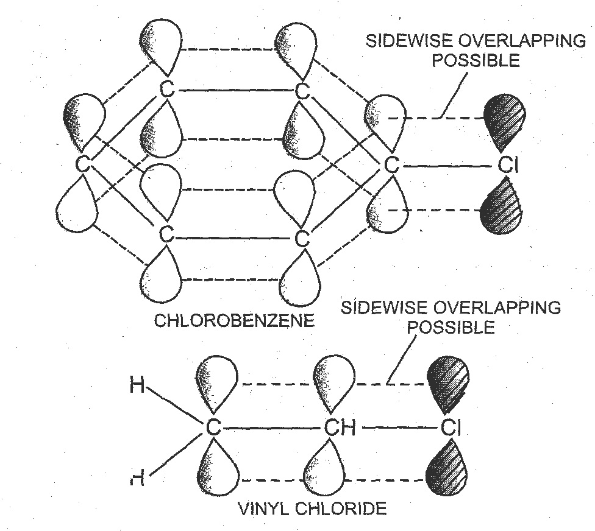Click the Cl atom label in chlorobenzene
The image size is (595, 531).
507,165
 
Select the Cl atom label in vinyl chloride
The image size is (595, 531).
448,427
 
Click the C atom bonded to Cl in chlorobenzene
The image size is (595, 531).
392,165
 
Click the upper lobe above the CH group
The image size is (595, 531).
333,381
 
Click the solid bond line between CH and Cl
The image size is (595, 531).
397,427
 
